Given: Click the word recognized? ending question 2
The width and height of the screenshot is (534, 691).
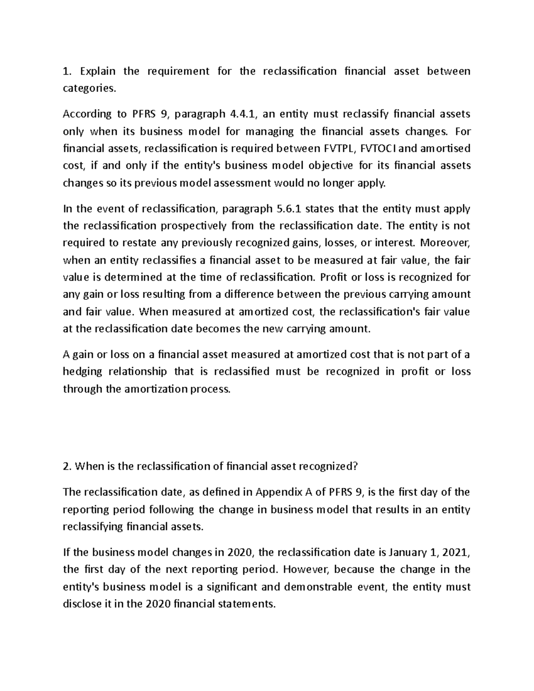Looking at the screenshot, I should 328,467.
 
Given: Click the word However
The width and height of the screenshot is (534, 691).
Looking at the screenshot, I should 306,570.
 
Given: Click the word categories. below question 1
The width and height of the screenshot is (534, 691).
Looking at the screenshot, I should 89,89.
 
